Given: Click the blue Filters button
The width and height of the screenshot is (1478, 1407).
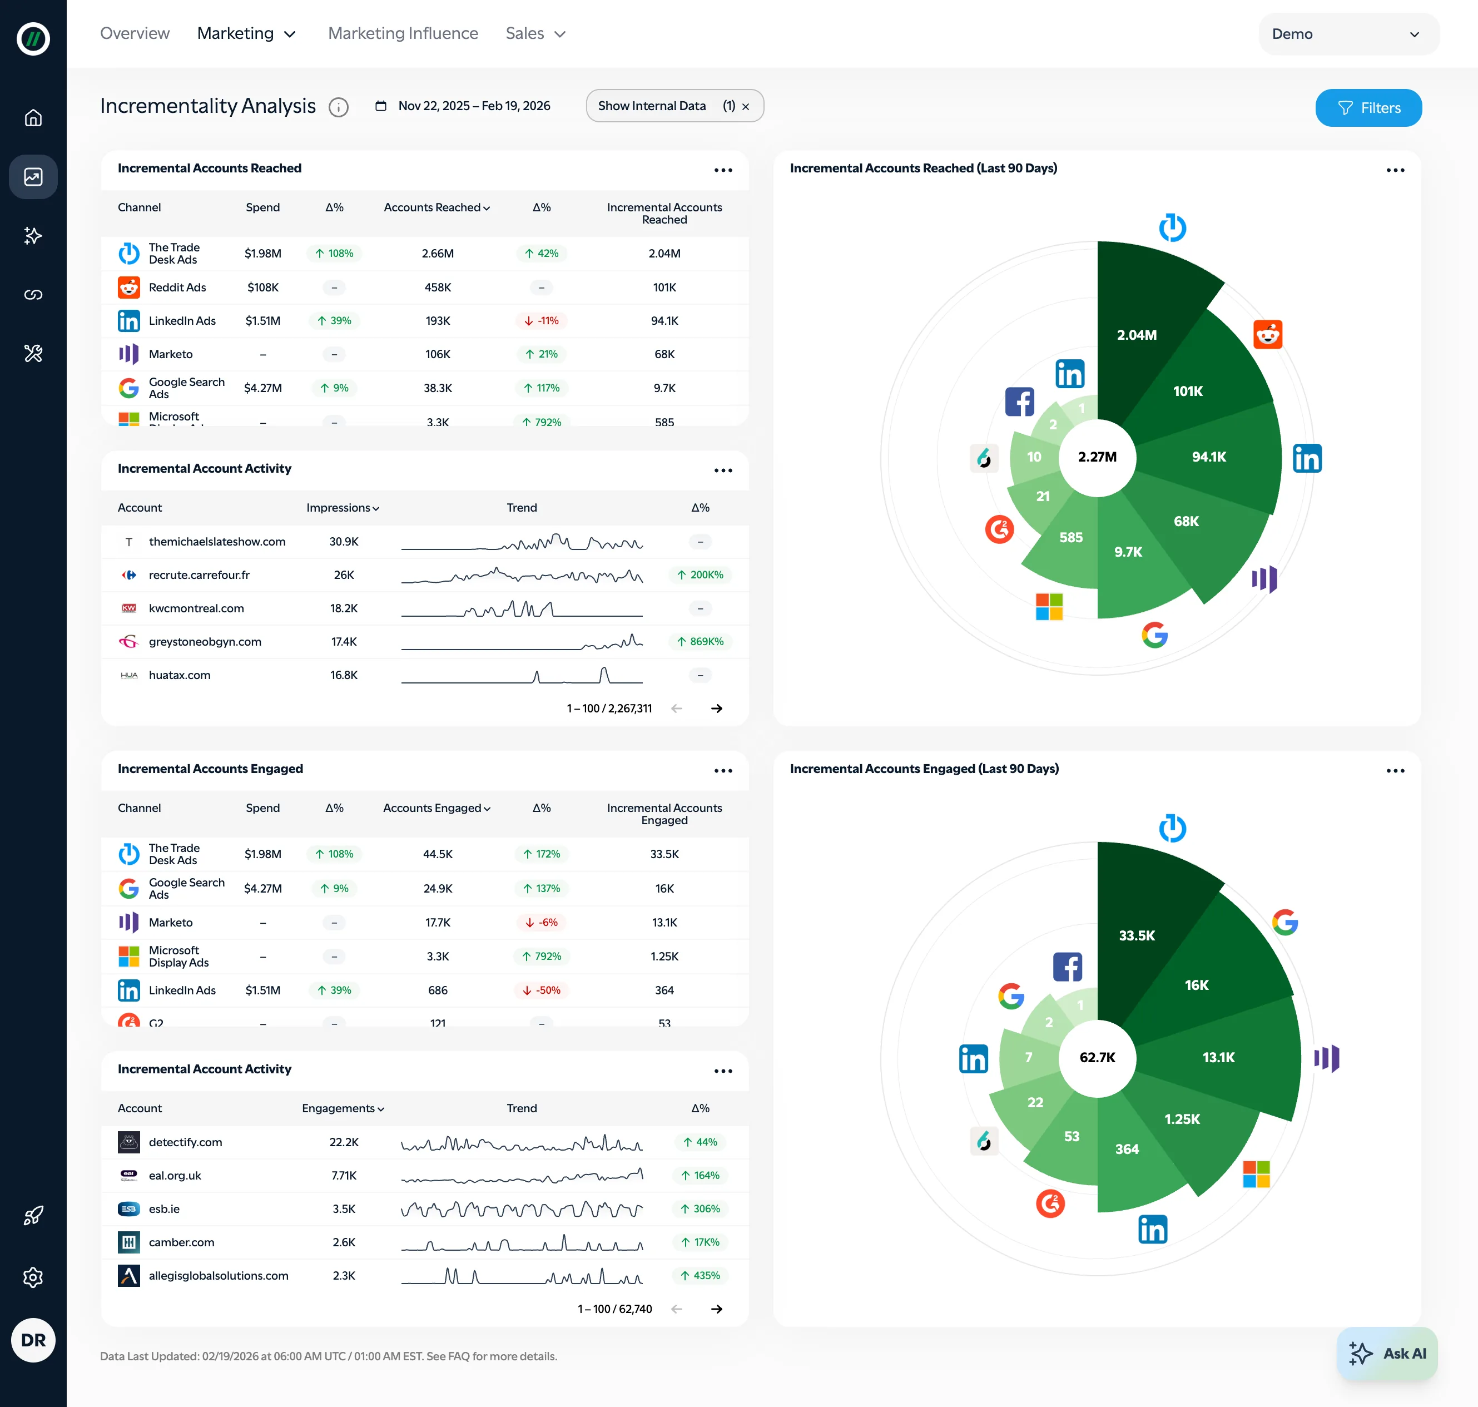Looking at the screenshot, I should [x=1368, y=108].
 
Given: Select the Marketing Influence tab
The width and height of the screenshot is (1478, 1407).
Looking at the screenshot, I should [x=403, y=34].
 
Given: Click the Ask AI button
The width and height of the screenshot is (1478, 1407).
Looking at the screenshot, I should [x=1387, y=1353].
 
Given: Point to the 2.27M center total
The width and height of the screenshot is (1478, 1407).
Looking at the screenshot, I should [x=1097, y=457].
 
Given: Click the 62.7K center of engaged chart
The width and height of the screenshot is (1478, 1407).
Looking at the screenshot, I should [x=1097, y=1058].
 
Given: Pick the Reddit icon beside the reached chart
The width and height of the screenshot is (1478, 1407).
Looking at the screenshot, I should [x=1267, y=334].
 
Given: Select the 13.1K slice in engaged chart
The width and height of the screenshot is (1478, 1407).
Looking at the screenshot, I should [x=1218, y=1058].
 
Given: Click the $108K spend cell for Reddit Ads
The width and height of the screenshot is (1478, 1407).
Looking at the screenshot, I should [x=262, y=288].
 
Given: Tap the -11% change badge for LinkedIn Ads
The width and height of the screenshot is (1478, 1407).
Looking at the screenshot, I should [x=542, y=321].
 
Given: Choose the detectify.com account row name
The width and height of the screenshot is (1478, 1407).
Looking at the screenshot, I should [x=185, y=1142].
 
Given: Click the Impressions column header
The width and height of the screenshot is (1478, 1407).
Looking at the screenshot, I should [x=343, y=508].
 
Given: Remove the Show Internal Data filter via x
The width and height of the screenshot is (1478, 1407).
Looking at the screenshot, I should [x=745, y=107].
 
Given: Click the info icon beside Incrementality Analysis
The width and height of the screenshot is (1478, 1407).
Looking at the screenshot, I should [x=338, y=107].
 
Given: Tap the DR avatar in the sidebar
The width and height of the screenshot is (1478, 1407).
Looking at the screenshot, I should [x=33, y=1340].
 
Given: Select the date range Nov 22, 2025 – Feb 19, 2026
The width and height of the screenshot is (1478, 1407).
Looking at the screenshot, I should [x=473, y=106].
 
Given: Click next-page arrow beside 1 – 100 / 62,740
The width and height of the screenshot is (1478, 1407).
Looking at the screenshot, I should [x=716, y=1309].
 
